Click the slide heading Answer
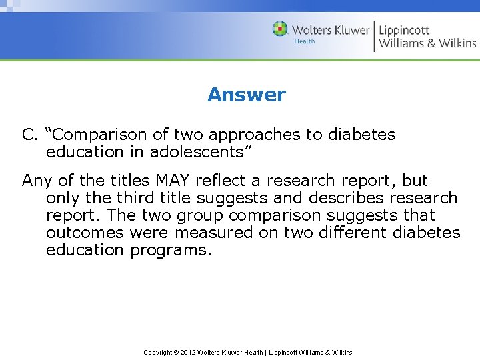pyautogui.click(x=246, y=95)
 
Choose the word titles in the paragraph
pyautogui.click(x=129, y=181)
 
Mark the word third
pyautogui.click(x=137, y=198)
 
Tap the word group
pyautogui.click(x=201, y=215)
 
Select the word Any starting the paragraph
pyautogui.click(x=35, y=181)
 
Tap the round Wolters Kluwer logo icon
pyautogui.click(x=280, y=29)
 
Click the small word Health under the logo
pyautogui.click(x=304, y=41)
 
